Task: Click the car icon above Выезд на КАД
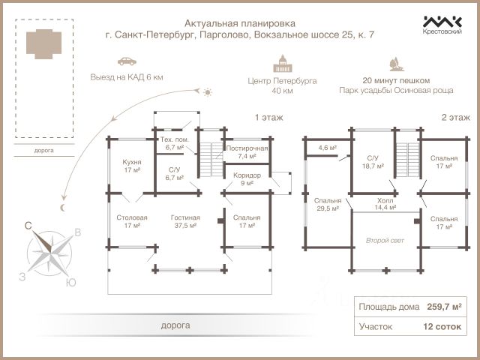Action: click(127, 61)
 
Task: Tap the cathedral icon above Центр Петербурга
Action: click(282, 63)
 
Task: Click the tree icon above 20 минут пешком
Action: click(395, 63)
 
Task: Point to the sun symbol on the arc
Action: click(208, 91)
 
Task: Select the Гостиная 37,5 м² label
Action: click(184, 221)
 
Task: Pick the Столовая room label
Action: click(132, 221)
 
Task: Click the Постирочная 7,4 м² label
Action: click(247, 153)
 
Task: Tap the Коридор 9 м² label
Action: click(247, 178)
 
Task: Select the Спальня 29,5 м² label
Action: click(327, 204)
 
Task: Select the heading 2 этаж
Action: click(454, 118)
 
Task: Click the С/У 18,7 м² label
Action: click(373, 162)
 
